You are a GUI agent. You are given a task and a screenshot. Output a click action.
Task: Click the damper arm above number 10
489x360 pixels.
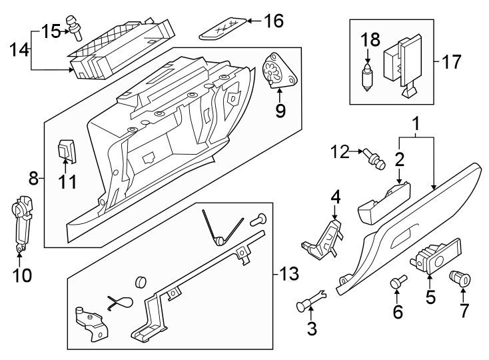point(22,219)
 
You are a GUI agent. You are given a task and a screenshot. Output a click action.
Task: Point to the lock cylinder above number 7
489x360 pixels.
point(460,276)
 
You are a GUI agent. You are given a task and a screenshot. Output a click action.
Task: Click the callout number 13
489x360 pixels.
point(289,273)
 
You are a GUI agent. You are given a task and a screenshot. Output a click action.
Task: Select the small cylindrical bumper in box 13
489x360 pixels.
point(141,280)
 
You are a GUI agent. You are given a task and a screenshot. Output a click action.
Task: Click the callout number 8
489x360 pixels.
point(33,178)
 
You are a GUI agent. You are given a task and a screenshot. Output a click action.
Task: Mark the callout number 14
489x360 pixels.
point(19,49)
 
